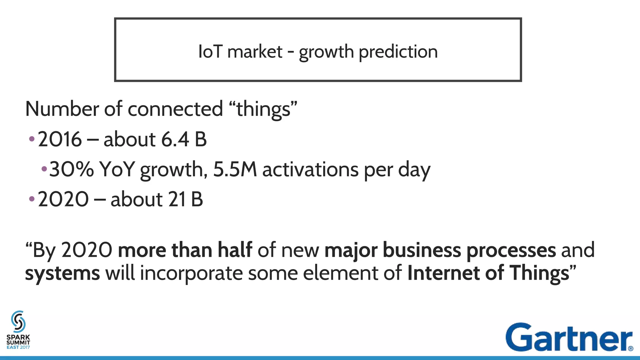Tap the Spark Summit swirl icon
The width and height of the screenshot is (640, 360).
(18, 321)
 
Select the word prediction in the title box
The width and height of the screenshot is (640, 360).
(398, 52)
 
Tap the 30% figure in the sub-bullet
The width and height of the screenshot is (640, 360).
(72, 169)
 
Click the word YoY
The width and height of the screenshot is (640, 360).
(117, 169)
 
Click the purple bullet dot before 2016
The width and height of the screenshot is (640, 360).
(32, 139)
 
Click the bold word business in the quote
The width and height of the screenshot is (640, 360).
(422, 250)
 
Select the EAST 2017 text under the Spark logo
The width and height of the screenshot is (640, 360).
(18, 347)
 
